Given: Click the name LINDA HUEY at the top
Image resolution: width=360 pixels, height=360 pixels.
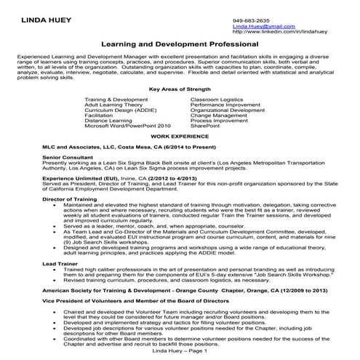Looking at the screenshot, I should tap(44, 20).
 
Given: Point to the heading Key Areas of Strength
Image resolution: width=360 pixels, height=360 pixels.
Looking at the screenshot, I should tap(179, 89).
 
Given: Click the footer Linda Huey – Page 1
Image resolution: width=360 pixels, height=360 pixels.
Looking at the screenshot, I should tap(180, 351).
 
